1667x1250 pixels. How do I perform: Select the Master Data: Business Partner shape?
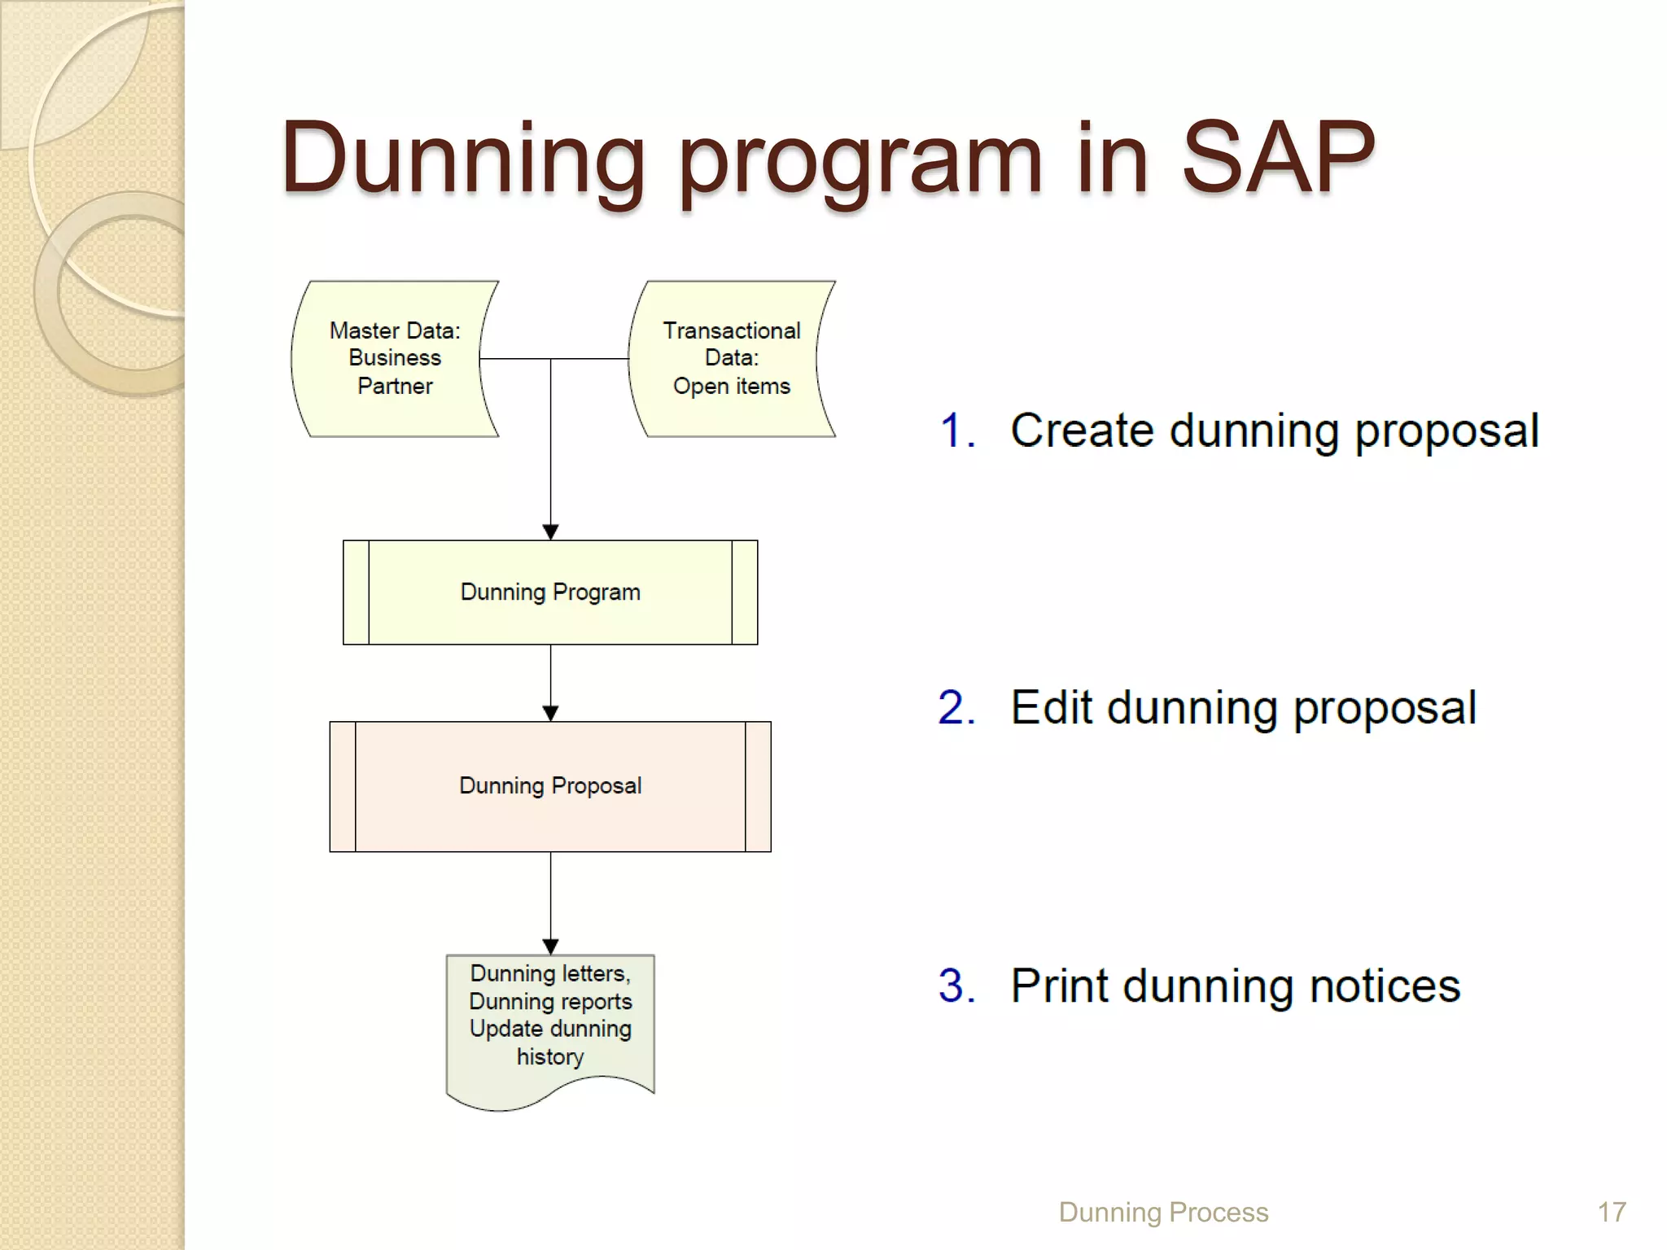tap(395, 358)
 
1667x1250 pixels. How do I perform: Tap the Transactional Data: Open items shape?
tap(731, 358)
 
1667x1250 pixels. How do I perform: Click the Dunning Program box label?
tap(550, 592)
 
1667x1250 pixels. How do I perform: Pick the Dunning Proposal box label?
tap(550, 786)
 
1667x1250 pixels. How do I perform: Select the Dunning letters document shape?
tap(550, 1025)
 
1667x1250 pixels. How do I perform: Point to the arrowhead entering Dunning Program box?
tap(550, 532)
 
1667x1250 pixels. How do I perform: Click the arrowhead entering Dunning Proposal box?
tap(550, 714)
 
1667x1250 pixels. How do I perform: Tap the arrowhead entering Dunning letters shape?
tap(550, 946)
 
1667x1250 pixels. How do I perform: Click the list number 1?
tap(956, 431)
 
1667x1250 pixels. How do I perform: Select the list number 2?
tap(956, 707)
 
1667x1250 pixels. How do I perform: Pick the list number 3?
tap(956, 986)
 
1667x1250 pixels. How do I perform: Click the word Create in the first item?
tap(1082, 431)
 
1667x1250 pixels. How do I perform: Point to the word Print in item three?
tap(1059, 986)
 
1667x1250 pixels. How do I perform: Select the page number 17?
tap(1611, 1213)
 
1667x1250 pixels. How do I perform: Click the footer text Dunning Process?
tap(1163, 1213)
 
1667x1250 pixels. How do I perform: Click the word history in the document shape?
tap(550, 1057)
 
